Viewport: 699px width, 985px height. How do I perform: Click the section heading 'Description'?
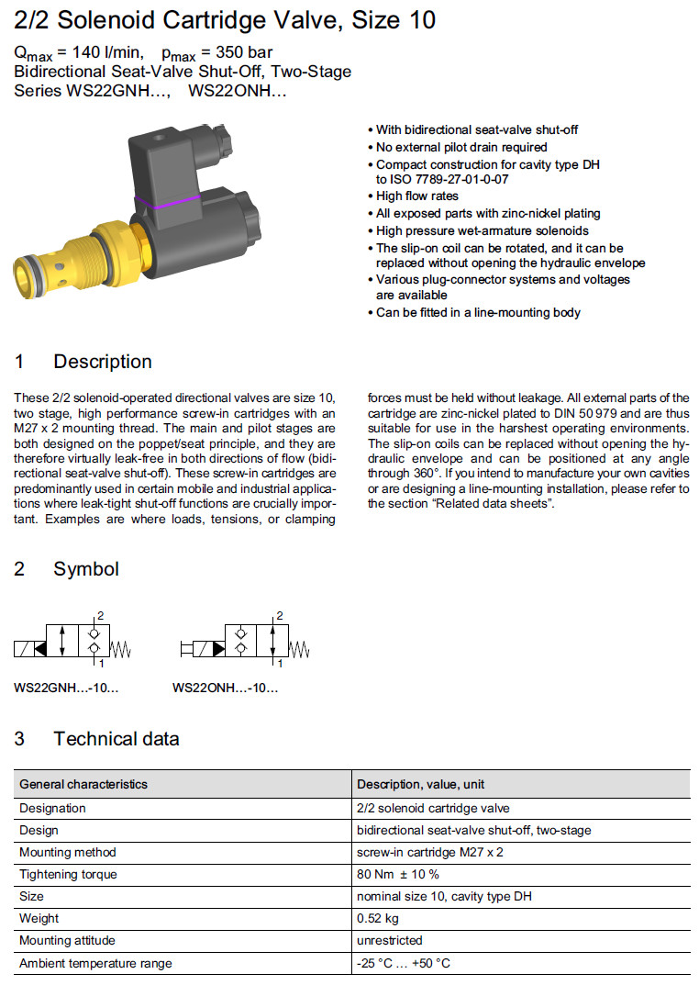point(102,362)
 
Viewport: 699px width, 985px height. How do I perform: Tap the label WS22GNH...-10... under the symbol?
point(66,688)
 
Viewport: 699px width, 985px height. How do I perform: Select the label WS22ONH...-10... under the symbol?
point(225,688)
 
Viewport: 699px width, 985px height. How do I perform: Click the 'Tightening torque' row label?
point(68,874)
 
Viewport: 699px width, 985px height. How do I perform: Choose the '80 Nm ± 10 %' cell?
point(397,874)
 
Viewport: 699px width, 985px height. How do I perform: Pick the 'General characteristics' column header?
point(83,784)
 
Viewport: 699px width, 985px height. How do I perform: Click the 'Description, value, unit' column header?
point(420,784)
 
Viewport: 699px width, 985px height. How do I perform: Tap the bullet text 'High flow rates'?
point(417,196)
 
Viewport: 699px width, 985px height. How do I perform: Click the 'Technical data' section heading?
point(116,739)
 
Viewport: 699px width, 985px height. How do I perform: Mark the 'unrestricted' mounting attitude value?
point(389,940)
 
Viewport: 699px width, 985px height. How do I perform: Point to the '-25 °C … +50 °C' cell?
point(404,963)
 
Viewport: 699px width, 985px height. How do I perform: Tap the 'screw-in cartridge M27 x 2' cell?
point(429,852)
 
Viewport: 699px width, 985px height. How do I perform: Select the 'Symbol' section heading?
point(85,569)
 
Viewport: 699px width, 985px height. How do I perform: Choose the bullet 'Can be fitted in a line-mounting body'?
point(478,312)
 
